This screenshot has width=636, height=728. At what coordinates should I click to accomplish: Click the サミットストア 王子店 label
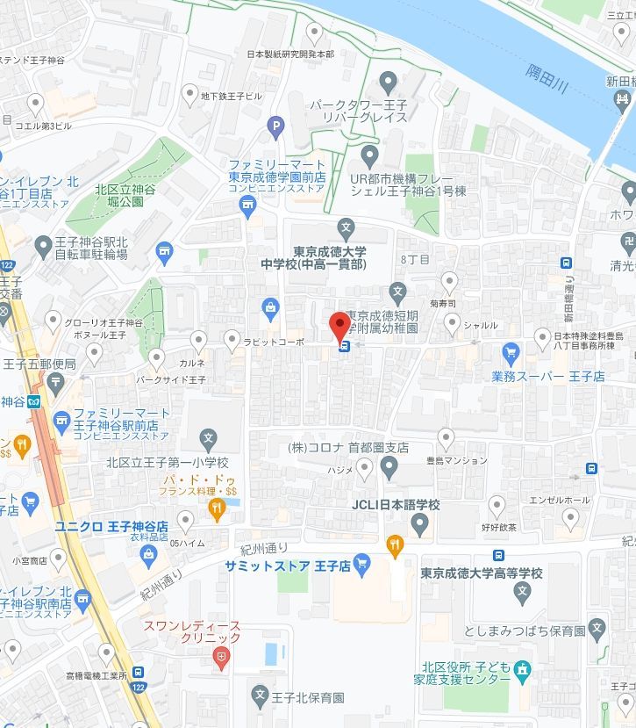pyautogui.click(x=288, y=566)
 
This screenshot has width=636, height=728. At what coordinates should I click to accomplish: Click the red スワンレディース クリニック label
pyautogui.click(x=191, y=632)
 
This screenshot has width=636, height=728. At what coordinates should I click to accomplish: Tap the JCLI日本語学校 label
pyautogui.click(x=396, y=505)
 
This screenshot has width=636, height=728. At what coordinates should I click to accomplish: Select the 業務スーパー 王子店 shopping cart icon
pyautogui.click(x=511, y=353)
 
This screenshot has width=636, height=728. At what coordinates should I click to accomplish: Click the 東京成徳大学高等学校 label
pyautogui.click(x=482, y=573)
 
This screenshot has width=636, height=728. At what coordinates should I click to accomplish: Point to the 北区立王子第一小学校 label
pyautogui.click(x=167, y=462)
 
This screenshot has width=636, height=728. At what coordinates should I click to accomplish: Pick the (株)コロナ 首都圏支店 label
pyautogui.click(x=348, y=447)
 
